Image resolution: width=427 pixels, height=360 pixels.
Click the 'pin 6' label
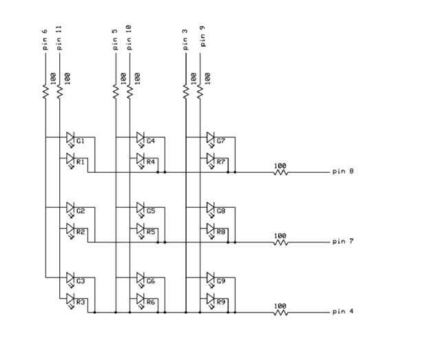pos(45,39)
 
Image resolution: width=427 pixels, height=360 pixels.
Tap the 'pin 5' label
pos(115,39)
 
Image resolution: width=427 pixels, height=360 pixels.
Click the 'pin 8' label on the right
pos(342,171)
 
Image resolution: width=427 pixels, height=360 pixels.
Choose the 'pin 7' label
pos(342,242)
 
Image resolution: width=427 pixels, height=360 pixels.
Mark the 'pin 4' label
pos(342,312)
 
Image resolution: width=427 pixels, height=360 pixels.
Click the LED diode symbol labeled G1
pos(70,138)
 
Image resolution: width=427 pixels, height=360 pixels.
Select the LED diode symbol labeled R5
pos(140,229)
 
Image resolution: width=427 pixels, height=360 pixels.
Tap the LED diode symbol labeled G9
pos(211,279)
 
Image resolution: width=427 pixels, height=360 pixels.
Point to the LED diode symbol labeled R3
pos(70,299)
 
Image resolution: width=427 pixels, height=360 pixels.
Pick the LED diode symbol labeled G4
pos(140,138)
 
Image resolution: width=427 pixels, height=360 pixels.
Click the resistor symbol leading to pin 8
pos(280,172)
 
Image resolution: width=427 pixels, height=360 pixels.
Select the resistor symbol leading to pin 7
pos(280,242)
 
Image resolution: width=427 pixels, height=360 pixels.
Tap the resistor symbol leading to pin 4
pos(280,313)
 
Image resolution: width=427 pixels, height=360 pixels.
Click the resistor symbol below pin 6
pos(45,91)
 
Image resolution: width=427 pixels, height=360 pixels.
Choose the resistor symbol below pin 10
pos(129,91)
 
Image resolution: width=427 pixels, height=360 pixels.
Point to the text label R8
pos(221,233)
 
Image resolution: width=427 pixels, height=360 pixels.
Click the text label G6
pos(151,282)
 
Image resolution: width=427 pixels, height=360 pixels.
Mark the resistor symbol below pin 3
pos(186,91)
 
